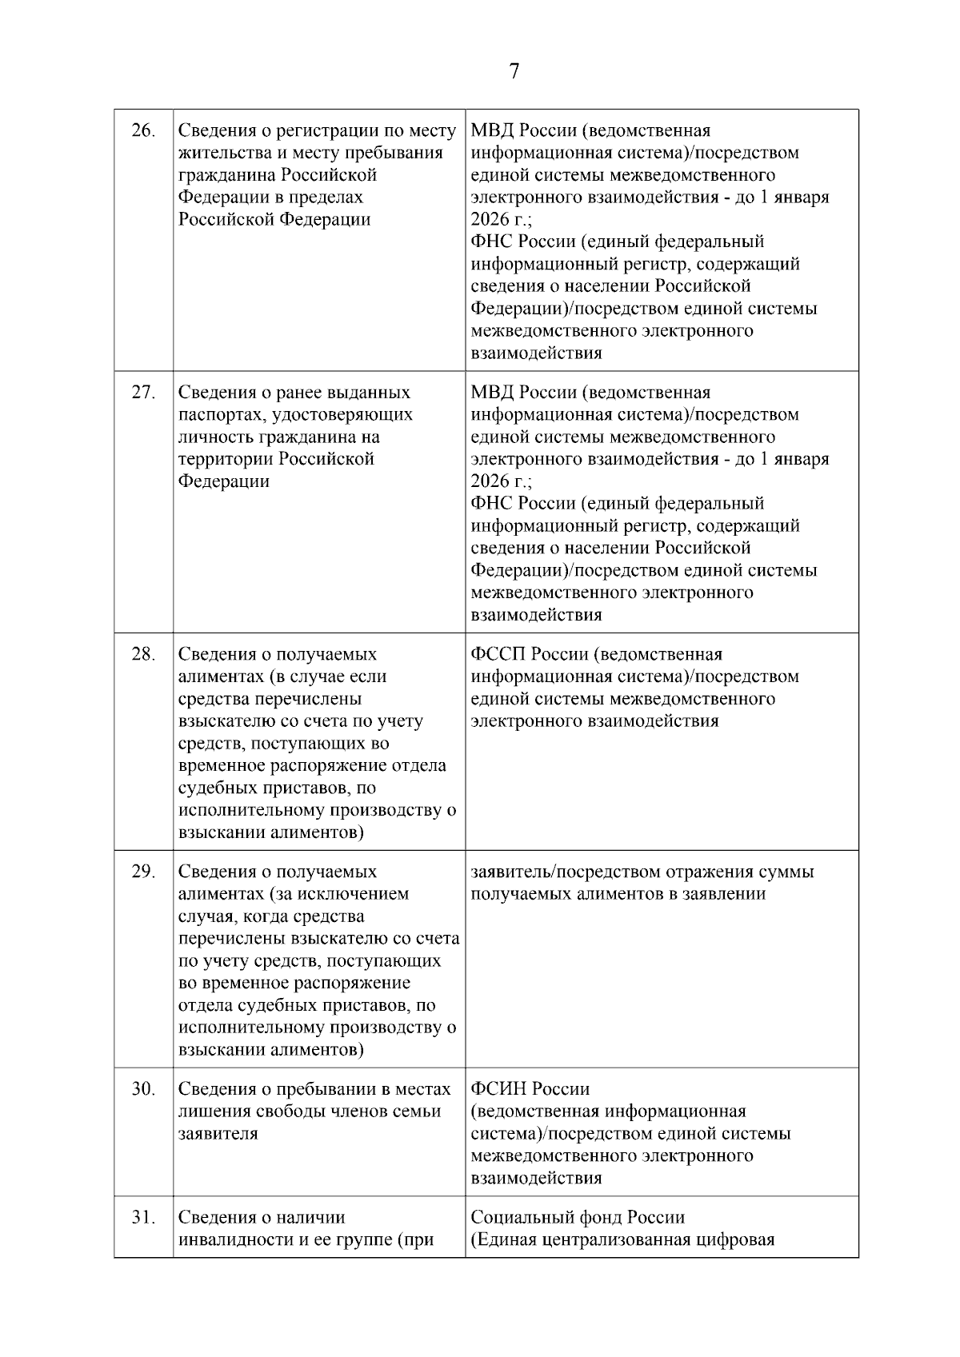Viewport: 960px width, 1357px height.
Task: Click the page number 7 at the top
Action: pos(514,72)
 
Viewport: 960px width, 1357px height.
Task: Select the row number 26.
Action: pos(142,130)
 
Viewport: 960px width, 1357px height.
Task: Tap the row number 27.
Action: pos(142,392)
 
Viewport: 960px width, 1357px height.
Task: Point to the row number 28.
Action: pos(142,654)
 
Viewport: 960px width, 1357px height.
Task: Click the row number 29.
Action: pos(142,872)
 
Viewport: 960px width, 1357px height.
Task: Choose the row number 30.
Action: pos(142,1089)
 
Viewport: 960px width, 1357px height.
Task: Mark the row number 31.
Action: pos(142,1217)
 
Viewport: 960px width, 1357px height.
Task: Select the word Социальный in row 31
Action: pos(520,1217)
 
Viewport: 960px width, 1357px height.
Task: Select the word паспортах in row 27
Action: pos(214,414)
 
